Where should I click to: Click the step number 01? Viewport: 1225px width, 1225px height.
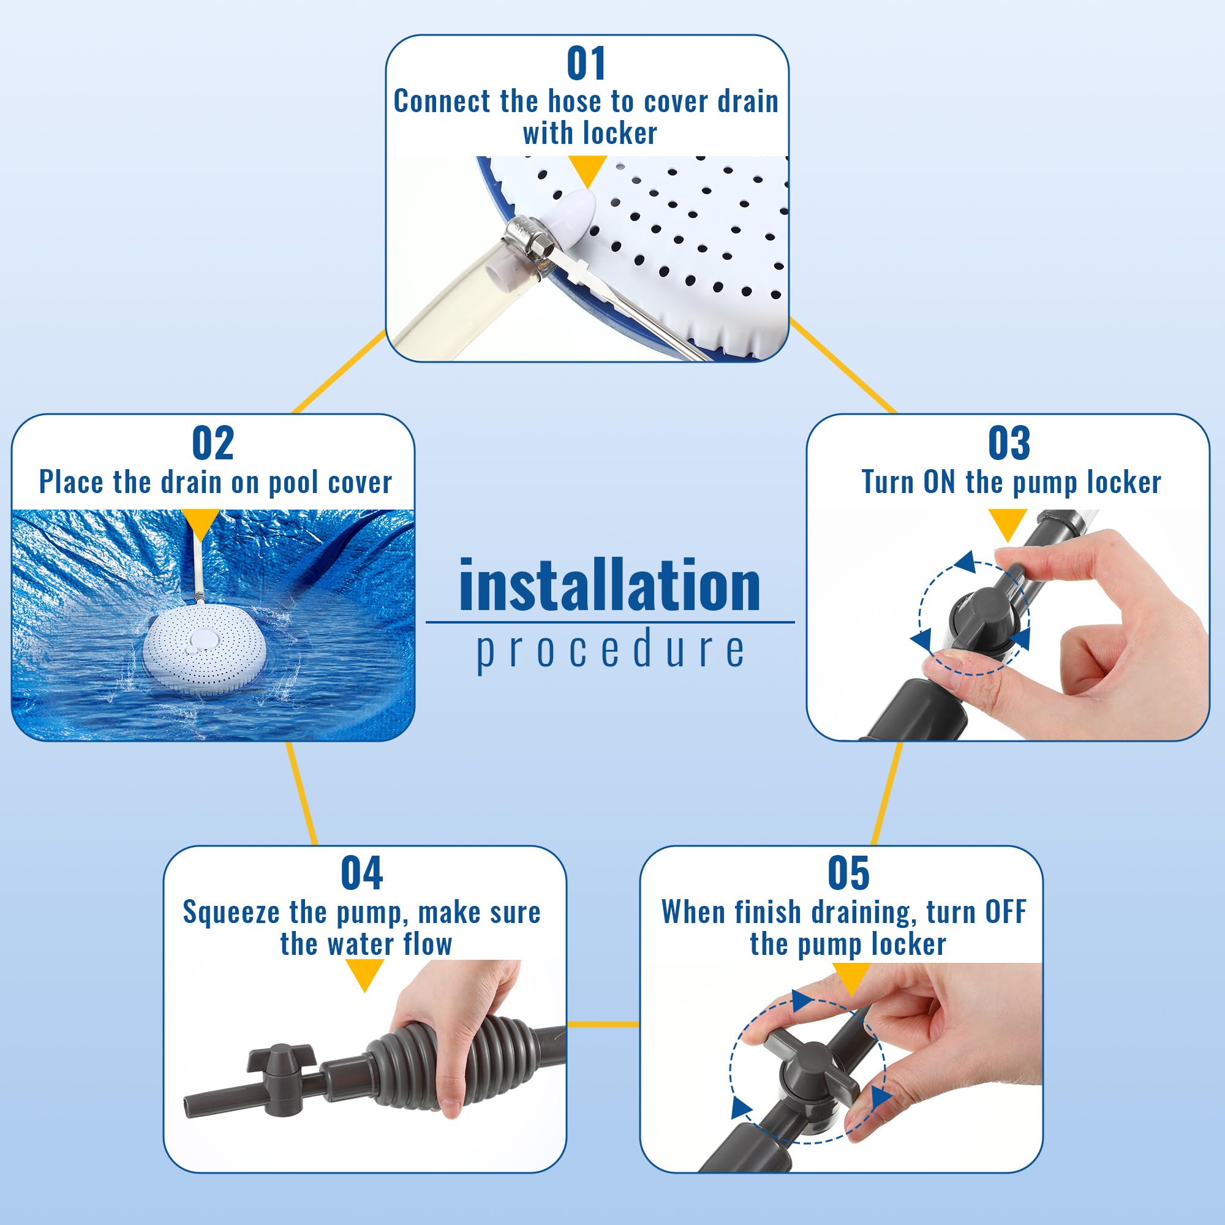pos(586,64)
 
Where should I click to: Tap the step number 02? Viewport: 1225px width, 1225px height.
pos(213,443)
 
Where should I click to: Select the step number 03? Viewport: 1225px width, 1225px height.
pos(1009,443)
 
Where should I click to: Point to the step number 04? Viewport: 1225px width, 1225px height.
pos(361,874)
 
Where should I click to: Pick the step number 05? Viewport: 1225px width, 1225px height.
pos(848,874)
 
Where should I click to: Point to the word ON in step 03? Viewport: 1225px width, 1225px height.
pos(940,483)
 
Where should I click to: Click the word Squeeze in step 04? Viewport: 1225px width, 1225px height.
pos(232,913)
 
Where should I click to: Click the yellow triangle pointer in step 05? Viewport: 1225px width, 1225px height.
pos(850,976)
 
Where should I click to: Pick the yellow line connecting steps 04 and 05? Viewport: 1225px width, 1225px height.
pos(602,1024)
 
